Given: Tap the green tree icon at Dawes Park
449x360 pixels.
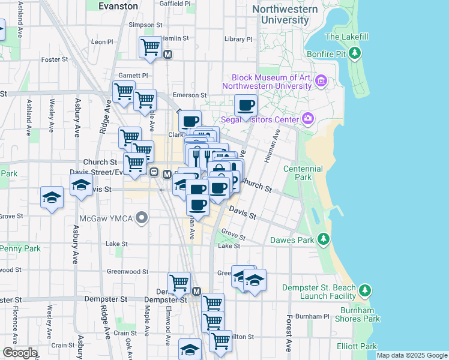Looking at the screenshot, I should [x=324, y=240].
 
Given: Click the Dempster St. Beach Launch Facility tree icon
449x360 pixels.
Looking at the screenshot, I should [x=365, y=292].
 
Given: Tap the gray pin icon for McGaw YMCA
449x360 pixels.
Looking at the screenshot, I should [x=142, y=217].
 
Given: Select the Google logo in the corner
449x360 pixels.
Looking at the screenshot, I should [x=19, y=353].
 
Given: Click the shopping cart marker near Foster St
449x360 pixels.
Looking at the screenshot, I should [x=150, y=47].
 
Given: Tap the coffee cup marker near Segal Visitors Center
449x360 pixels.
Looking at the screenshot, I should [x=245, y=106].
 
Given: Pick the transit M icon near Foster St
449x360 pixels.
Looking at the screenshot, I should [x=168, y=55].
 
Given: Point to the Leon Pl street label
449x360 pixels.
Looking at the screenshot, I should [x=102, y=42].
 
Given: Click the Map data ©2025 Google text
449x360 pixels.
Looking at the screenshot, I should [x=412, y=355].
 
